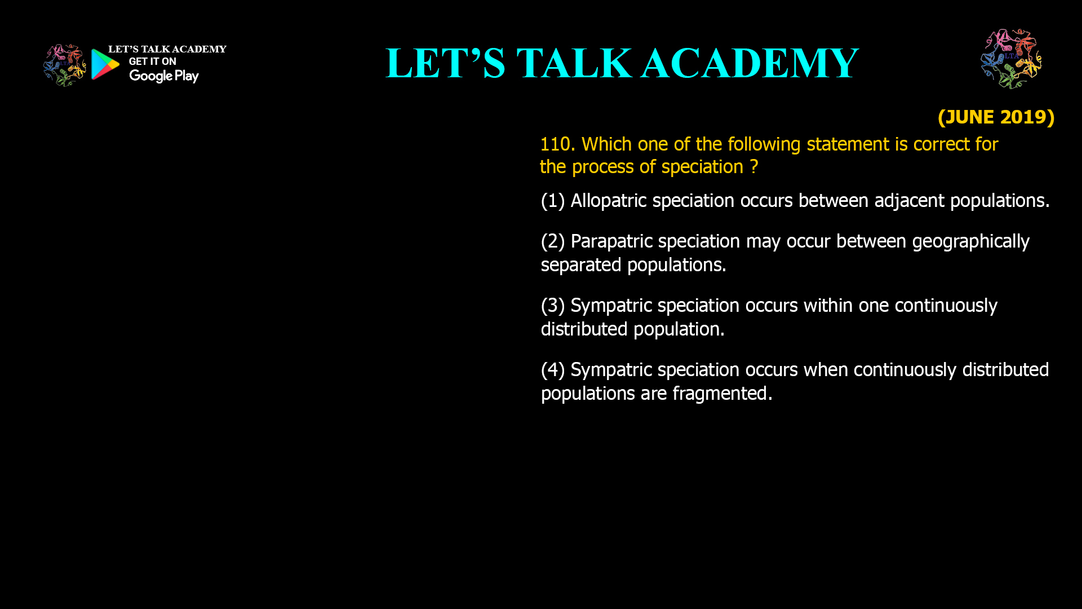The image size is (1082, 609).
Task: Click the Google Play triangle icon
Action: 105,64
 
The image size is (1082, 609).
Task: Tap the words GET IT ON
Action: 152,61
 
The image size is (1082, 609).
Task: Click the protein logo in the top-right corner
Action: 1011,59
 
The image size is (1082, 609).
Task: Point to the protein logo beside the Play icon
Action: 64,65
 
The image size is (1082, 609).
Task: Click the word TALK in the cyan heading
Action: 574,63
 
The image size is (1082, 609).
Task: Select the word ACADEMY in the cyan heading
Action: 750,63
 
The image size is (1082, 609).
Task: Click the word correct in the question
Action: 939,144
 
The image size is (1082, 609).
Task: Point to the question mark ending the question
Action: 753,167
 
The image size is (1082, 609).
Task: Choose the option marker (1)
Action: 552,201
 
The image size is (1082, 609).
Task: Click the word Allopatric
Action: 608,201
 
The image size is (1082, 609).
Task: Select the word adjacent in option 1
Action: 909,201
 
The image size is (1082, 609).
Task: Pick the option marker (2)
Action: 552,241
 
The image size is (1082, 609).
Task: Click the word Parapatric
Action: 611,241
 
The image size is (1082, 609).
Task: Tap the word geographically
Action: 970,241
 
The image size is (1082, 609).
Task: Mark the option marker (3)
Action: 552,306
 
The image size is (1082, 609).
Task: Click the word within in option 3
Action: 828,306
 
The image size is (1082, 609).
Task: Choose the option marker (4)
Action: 552,370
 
